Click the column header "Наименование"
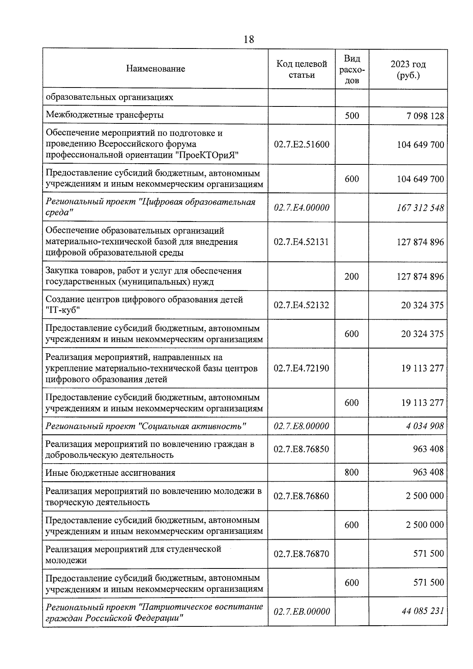click(155, 69)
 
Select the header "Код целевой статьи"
click(302, 69)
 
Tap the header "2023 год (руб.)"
click(408, 69)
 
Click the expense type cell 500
click(352, 116)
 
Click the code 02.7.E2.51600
click(302, 145)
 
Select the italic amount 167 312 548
click(420, 208)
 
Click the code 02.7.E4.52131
click(302, 242)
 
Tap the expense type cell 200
click(352, 277)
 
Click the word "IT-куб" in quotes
click(63, 311)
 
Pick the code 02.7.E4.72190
click(302, 369)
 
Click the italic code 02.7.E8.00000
click(302, 426)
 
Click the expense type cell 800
click(352, 472)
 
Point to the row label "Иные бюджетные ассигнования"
click(110, 473)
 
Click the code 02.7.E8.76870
click(302, 554)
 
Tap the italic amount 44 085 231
click(423, 611)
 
